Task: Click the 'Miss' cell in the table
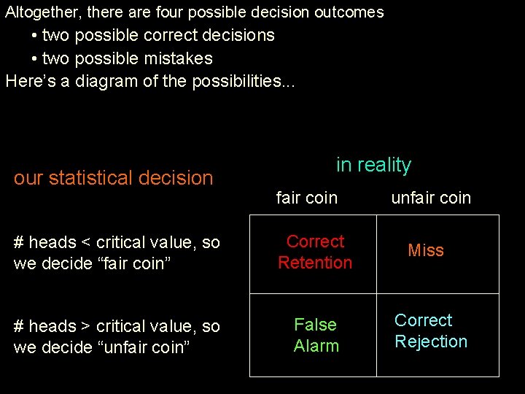[426, 250]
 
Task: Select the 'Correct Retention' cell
[315, 252]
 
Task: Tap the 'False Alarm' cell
[316, 336]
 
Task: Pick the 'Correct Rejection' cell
[431, 331]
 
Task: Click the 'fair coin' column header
[306, 198]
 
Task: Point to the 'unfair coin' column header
[431, 198]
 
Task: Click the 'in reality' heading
[373, 165]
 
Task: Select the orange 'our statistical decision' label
[113, 178]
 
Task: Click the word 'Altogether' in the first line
[42, 12]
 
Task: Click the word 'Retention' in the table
[315, 263]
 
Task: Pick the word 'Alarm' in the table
[316, 346]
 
